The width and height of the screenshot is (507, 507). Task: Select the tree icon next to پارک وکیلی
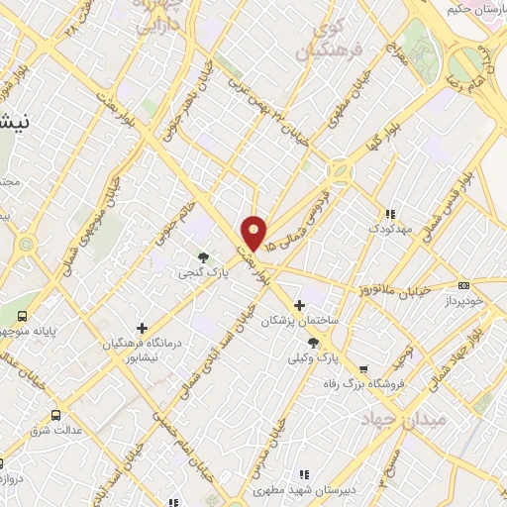313,343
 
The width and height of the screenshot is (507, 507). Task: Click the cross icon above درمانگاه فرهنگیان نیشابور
142,328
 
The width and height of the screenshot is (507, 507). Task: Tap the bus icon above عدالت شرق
55,416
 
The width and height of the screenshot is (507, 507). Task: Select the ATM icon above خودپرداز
465,284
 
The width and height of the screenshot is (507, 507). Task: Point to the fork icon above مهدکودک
390,213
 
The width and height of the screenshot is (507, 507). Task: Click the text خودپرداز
463,300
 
